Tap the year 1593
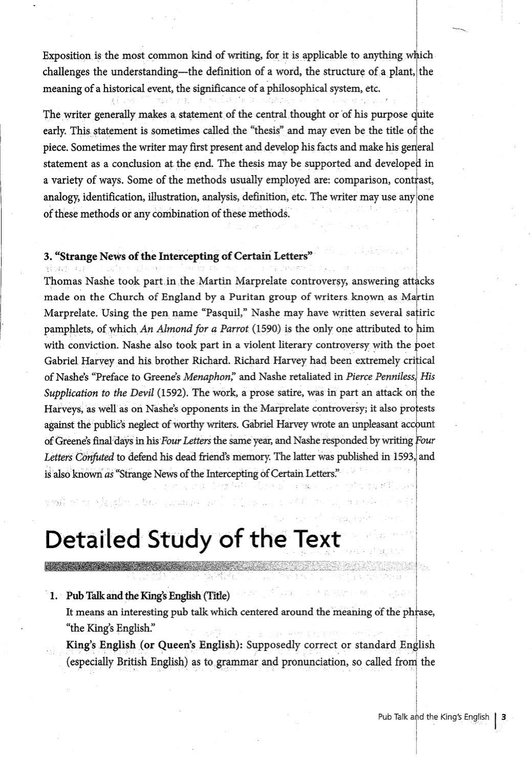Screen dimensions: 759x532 pos(405,457)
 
